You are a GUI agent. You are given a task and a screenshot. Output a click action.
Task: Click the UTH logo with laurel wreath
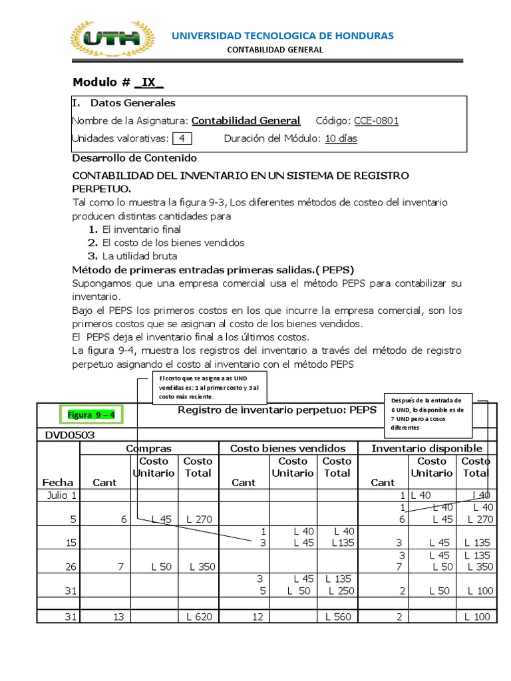point(112,40)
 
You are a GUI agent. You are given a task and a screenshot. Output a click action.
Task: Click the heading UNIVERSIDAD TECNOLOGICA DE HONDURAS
point(283,35)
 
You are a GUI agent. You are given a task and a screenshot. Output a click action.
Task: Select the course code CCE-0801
point(377,120)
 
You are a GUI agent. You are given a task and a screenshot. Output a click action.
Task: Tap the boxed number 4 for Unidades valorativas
point(182,138)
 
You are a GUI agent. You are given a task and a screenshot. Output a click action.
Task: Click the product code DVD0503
point(70,434)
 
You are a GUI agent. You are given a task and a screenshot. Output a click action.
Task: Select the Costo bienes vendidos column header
point(287,448)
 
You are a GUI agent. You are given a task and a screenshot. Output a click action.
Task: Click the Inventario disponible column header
point(426,448)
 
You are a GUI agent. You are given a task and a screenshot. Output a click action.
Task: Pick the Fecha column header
point(59,482)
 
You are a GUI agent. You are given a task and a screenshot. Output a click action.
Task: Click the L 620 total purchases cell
point(199,616)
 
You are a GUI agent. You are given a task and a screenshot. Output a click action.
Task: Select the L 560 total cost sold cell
point(338,616)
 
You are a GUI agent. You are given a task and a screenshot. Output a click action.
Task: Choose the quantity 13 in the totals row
point(119,616)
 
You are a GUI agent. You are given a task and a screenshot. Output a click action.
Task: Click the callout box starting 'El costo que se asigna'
point(210,387)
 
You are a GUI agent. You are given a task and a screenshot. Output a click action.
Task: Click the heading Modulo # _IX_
point(118,82)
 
